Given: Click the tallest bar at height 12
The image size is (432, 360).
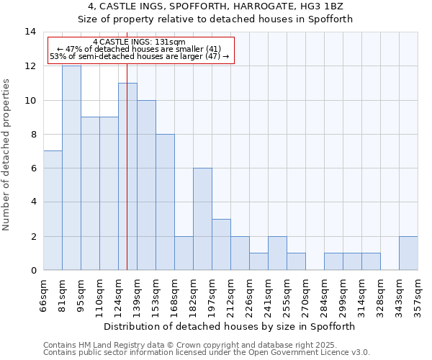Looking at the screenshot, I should point(71,168).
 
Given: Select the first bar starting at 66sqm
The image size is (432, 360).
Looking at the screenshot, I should point(53,210).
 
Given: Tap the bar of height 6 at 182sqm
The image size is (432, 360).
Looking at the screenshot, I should point(202,219).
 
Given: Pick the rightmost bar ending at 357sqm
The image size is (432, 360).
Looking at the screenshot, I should point(408,253).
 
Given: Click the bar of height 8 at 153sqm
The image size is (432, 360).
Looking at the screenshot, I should point(165,202).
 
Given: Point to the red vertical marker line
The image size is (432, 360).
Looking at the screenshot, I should point(127,180).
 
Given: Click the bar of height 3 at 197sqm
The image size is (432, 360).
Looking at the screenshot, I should point(221,245).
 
